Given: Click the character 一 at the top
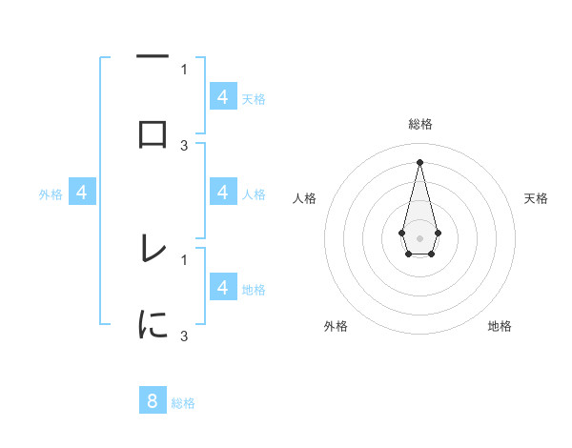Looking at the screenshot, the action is (x=153, y=57).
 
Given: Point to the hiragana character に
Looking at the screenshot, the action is (x=153, y=325).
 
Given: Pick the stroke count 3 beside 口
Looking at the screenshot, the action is (x=184, y=145).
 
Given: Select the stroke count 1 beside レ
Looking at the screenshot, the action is (x=184, y=258).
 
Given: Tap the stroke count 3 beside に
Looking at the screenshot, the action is (x=184, y=336).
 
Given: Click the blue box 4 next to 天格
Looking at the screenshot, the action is (x=223, y=96).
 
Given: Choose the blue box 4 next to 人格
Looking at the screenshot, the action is (x=223, y=192).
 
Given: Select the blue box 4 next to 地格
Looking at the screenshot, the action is (x=223, y=287).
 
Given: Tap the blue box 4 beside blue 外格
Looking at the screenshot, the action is (x=83, y=193).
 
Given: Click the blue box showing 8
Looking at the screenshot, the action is (x=153, y=400).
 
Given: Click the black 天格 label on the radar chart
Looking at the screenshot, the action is (x=537, y=198).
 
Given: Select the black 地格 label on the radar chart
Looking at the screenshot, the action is (x=500, y=326).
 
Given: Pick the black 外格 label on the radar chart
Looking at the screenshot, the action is (x=336, y=326).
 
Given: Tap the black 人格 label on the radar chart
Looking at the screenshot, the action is (x=305, y=198).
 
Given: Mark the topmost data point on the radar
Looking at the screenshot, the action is (x=419, y=161).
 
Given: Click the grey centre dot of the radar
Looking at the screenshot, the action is (x=419, y=236).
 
